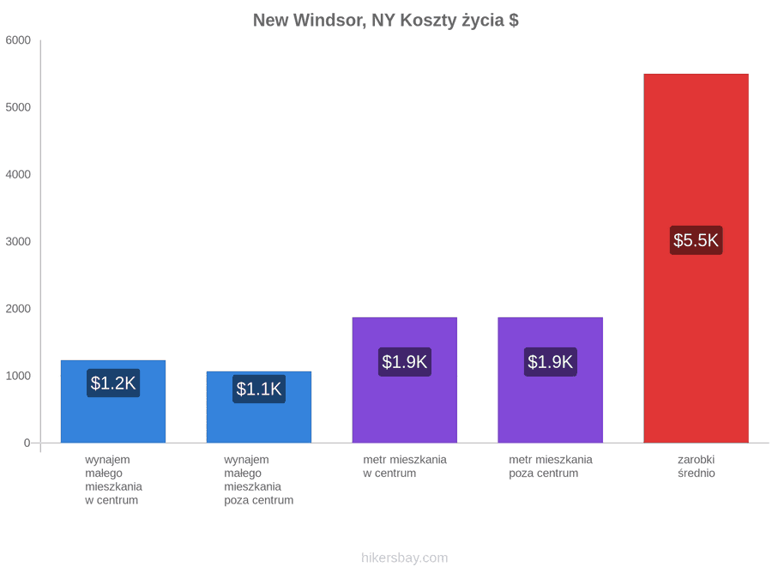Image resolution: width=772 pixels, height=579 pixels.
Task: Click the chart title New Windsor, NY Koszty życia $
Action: coord(385,21)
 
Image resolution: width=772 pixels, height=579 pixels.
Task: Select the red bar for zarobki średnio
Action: coord(697,258)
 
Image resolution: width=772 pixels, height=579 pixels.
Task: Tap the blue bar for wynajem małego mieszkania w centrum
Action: coord(113,401)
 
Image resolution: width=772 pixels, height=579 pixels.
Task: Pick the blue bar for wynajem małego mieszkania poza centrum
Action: coord(259,407)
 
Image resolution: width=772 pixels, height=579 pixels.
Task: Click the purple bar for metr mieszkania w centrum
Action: coord(405,380)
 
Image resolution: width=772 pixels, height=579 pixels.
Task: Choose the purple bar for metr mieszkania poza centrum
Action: coord(551,380)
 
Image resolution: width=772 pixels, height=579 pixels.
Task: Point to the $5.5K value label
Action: coord(697,240)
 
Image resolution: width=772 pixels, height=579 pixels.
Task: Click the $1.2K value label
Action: coord(113,383)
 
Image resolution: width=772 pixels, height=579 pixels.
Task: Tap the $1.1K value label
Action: coord(259,389)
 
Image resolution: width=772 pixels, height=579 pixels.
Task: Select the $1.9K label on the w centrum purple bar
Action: coord(405,362)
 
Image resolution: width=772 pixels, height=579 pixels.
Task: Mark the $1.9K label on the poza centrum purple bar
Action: coord(551,362)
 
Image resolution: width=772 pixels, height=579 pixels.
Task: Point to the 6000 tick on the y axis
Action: coord(18,39)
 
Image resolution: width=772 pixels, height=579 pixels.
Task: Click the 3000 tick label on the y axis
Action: coord(18,241)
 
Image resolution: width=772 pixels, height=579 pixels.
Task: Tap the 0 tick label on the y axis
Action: coord(27,443)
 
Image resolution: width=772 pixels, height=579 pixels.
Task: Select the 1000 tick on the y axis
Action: coord(18,376)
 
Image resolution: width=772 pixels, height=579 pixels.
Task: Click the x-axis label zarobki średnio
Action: coord(697,467)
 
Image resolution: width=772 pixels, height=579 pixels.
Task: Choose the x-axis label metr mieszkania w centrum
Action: coord(405,467)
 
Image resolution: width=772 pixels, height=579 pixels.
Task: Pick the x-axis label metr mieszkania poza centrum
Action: coord(551,467)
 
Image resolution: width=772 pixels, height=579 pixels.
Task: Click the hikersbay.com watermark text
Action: coord(405,558)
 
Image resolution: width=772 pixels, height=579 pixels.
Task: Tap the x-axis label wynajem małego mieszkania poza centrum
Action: coord(259,480)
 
